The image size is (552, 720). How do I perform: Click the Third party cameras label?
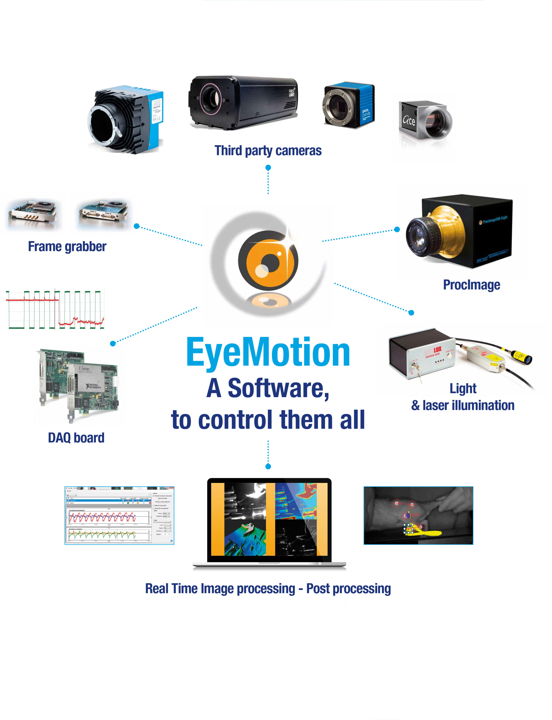268,150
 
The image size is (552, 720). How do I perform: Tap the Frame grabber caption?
67,246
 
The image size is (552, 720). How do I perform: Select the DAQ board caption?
76,438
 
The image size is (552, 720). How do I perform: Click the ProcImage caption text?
471,285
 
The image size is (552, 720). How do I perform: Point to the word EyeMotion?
268,352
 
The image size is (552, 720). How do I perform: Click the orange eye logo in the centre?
268,260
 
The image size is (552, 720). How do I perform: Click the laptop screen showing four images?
269,519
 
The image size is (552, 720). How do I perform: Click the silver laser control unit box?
422,353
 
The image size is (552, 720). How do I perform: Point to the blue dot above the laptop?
268,466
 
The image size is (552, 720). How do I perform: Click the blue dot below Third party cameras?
268,168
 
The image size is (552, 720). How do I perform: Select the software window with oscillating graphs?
119,515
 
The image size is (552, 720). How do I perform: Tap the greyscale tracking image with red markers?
418,515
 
